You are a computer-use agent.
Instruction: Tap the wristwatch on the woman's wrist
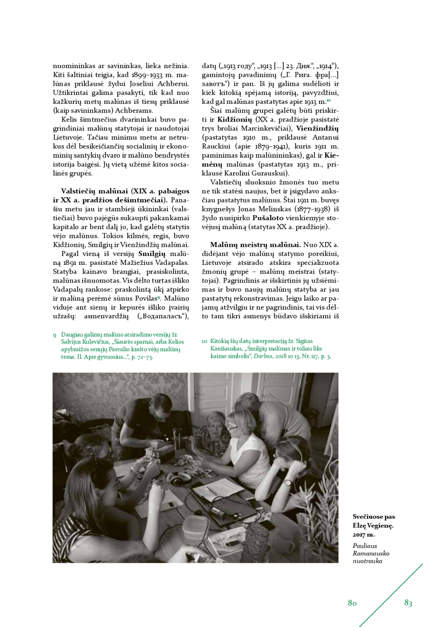point(288,483)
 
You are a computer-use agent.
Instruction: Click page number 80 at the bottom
point(352,603)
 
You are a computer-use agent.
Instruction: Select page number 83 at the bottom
point(408,603)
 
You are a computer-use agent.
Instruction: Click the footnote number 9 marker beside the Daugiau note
point(55,335)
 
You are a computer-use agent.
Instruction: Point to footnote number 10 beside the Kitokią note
point(204,341)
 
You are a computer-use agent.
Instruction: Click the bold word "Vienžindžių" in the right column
point(317,129)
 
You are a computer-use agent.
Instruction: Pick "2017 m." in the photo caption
point(364,535)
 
